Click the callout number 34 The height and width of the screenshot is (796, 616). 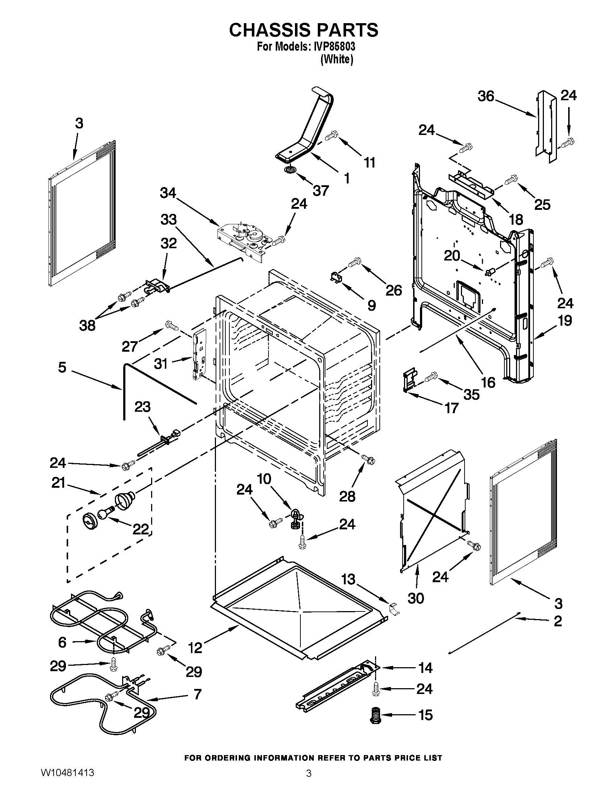[167, 194]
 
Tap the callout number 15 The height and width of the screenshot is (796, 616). [425, 715]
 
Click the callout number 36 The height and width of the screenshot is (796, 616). [486, 97]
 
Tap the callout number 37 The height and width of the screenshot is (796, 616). [320, 191]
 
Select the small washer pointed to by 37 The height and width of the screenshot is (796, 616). [291, 169]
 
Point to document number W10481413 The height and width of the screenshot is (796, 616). [67, 782]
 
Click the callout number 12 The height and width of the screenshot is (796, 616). [196, 648]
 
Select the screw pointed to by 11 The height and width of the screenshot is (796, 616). [332, 135]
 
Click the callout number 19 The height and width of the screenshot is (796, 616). [565, 321]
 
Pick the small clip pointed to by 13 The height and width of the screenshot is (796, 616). [394, 610]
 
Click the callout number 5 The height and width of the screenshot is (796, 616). [62, 367]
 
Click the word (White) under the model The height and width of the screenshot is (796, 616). [336, 60]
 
